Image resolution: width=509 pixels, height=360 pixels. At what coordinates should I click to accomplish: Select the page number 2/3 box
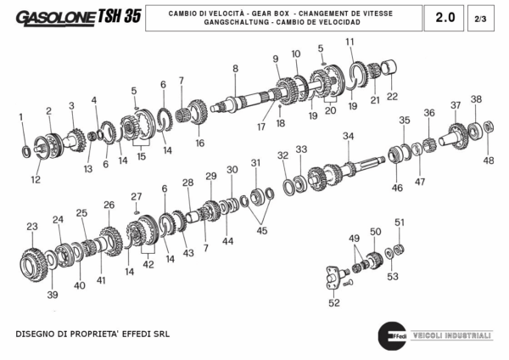tap(480, 17)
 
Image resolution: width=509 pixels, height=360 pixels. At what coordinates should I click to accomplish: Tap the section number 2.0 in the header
tap(445, 17)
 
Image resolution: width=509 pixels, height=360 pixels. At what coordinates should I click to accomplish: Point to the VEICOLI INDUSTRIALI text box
tap(451, 335)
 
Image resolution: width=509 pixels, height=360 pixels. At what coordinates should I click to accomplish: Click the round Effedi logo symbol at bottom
tap(391, 334)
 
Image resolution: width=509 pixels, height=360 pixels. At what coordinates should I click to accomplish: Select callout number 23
tap(32, 227)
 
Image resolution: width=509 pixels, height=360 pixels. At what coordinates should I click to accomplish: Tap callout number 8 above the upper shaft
tap(235, 68)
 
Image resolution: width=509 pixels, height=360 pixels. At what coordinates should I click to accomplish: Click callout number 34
tap(348, 136)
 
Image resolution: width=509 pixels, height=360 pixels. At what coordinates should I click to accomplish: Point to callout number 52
tap(333, 302)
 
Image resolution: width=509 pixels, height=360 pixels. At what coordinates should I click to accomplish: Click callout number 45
tap(261, 230)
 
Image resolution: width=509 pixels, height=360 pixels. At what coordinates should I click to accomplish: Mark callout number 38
tap(476, 99)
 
